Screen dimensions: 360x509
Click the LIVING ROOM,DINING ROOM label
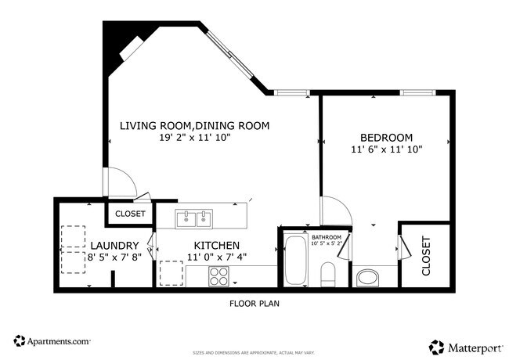(194, 125)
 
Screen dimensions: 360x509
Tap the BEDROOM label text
(386, 136)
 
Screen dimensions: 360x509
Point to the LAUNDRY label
(114, 245)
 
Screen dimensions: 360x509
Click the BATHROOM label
(327, 236)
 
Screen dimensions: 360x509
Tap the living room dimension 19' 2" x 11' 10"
(194, 138)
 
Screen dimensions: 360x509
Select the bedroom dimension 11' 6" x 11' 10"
(386, 149)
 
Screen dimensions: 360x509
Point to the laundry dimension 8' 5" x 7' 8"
(114, 257)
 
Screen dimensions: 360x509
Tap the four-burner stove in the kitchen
(218, 275)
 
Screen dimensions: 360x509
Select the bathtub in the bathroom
(296, 260)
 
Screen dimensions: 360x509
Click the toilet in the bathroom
(328, 275)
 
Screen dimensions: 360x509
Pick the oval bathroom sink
(366, 277)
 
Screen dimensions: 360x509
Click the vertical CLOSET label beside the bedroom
(427, 256)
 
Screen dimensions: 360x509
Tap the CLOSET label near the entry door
(130, 214)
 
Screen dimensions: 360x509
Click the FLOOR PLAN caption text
(254, 304)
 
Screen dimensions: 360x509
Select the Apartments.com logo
(52, 341)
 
